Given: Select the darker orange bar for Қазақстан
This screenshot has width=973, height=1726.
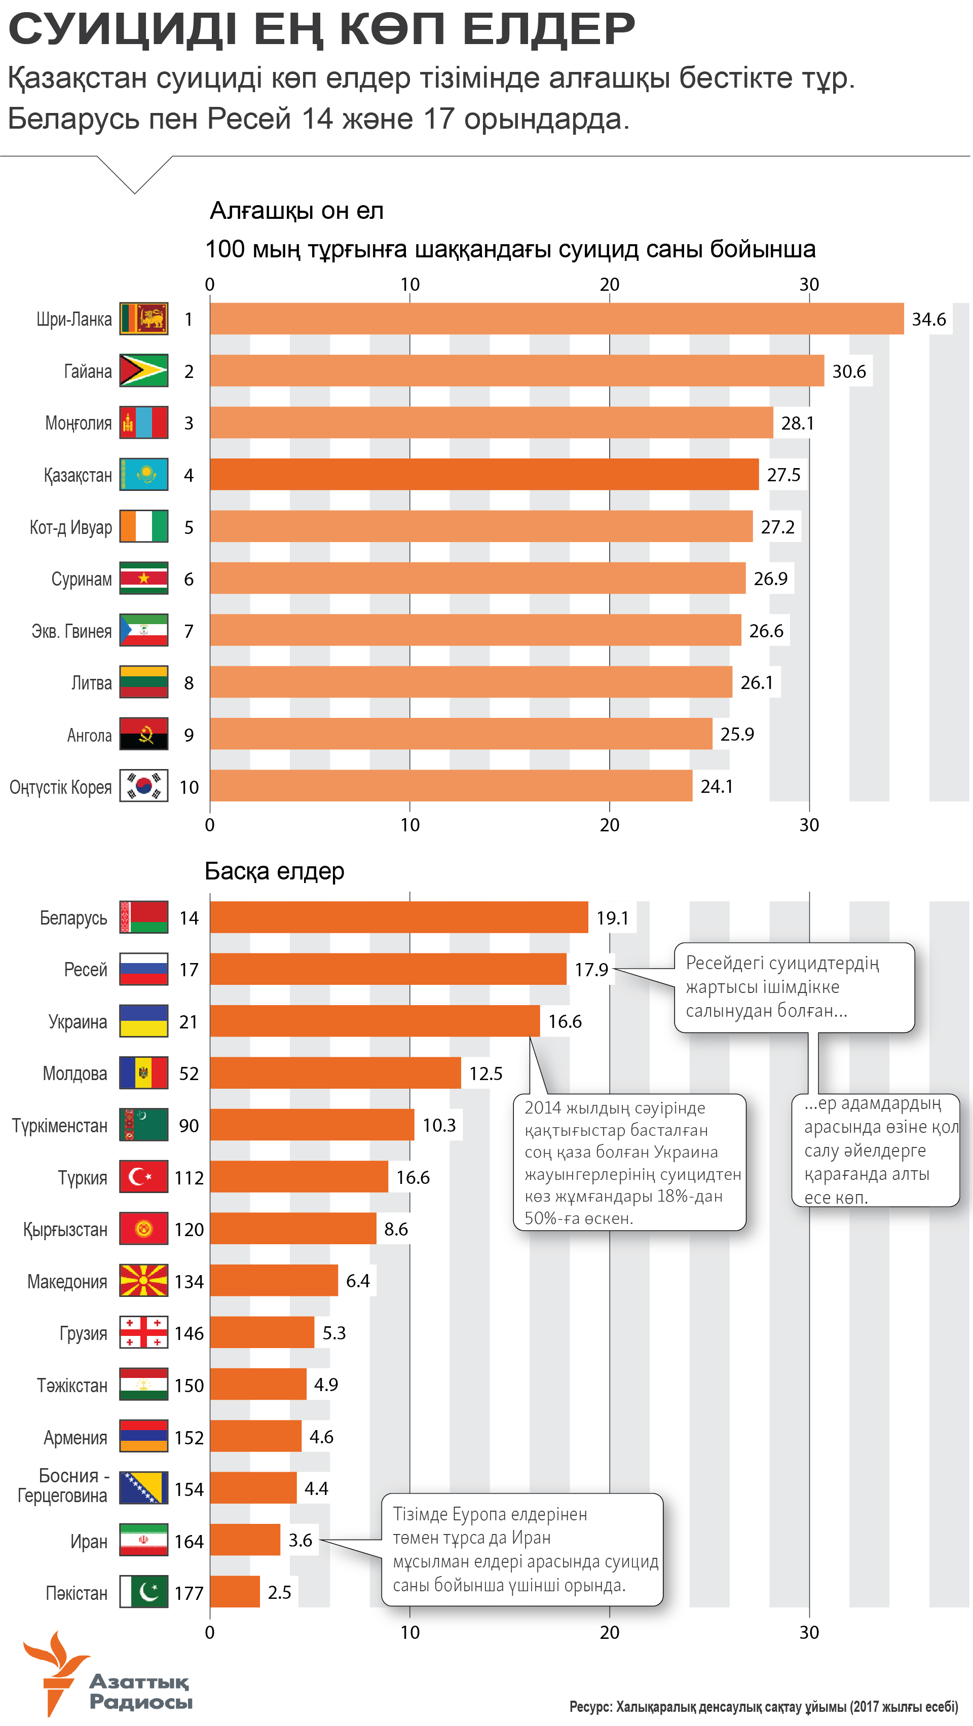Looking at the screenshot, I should pos(484,474).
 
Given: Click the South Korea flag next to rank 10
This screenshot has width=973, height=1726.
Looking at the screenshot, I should pos(143,786).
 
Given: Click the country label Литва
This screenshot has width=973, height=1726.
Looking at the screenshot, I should pos(91,683).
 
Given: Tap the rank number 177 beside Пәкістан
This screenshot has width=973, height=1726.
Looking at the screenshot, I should pos(189,1593).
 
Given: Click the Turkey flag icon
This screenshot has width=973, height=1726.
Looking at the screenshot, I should pos(143,1176).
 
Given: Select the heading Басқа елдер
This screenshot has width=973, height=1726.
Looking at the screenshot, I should pos(274,871).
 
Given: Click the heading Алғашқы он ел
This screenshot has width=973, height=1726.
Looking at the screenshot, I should pos(296,211).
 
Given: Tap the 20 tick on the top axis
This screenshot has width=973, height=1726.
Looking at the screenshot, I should pos(609,285).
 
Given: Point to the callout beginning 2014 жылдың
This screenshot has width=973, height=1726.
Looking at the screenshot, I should pos(629,1162).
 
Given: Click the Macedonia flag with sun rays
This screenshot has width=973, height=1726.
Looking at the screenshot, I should pos(143,1280).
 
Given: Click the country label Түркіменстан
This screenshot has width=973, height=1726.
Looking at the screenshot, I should pos(60,1126).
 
